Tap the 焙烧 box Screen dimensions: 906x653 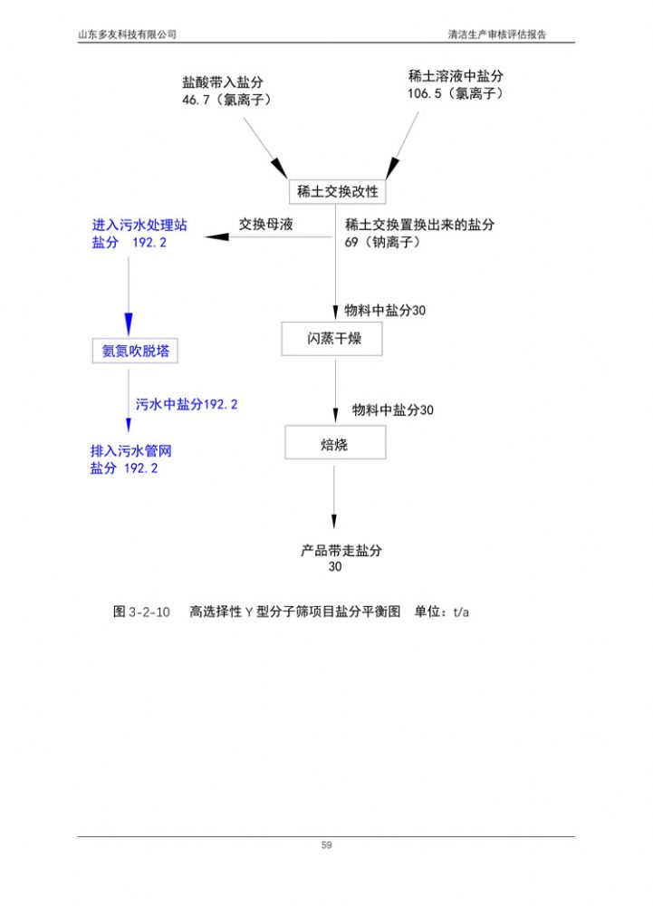[334, 443]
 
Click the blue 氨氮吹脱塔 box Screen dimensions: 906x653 [135, 351]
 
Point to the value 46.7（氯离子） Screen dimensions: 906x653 [226, 100]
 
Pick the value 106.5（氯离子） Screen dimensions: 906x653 [455, 93]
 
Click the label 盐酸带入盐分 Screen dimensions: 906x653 [223, 82]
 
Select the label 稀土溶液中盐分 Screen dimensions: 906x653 [456, 76]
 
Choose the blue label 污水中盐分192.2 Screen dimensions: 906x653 [187, 405]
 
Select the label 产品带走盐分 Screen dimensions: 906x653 [341, 550]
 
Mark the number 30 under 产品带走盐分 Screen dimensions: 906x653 [335, 567]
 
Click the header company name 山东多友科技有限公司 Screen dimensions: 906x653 [128, 34]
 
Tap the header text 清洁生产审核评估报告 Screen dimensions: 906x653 [497, 34]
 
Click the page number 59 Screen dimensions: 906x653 [326, 845]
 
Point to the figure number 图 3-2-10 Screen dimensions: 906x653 [141, 612]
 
